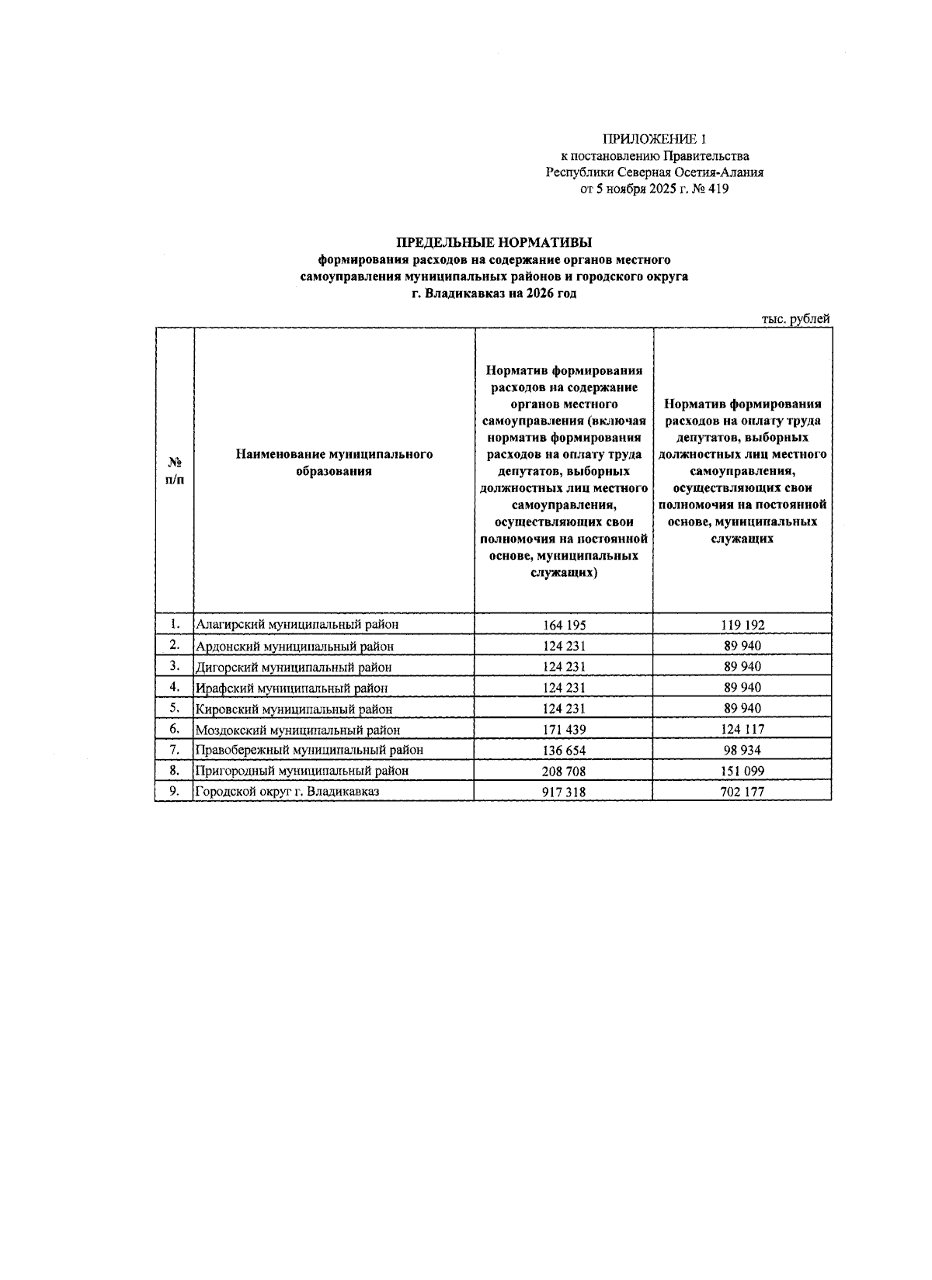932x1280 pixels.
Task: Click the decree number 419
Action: [718, 189]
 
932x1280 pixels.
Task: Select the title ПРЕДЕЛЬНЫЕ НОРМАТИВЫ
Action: [494, 244]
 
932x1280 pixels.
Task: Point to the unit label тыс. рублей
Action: [796, 319]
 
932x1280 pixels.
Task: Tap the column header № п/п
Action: [175, 470]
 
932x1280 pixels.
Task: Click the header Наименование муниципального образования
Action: [334, 463]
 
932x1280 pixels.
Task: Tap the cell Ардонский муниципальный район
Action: [294, 646]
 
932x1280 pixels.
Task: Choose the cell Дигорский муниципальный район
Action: [294, 667]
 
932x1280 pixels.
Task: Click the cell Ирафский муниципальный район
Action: [291, 688]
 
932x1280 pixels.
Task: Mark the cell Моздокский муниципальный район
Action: [297, 730]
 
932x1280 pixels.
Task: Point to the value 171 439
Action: [564, 730]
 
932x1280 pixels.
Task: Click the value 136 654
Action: [564, 751]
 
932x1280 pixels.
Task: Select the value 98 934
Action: [742, 751]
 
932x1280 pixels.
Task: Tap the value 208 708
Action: [564, 772]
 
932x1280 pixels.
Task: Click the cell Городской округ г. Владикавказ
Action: [287, 792]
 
